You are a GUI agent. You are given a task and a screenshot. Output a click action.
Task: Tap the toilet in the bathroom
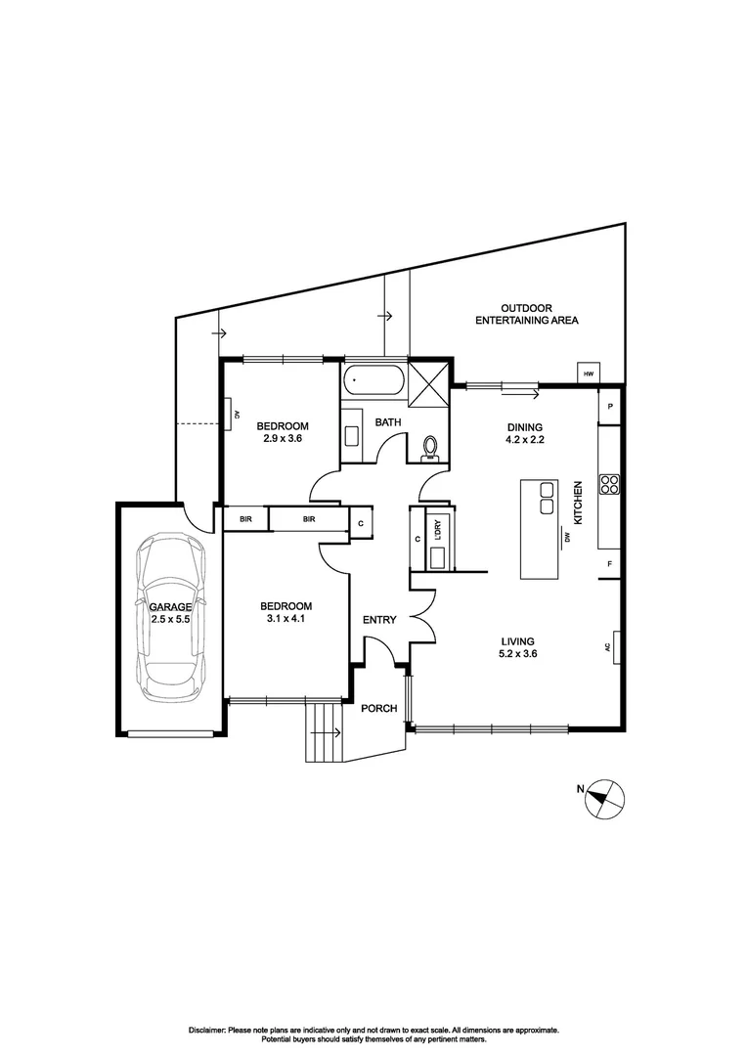point(429,448)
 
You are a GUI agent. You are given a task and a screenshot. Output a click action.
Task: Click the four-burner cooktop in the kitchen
point(608,486)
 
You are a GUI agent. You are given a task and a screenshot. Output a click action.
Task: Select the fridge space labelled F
point(609,565)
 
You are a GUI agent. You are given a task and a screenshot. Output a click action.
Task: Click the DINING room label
point(523,427)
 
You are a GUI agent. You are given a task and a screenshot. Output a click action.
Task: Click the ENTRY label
point(378,620)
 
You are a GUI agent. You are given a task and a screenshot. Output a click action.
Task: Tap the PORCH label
point(378,709)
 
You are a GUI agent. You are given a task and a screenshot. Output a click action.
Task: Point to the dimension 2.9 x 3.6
point(283,439)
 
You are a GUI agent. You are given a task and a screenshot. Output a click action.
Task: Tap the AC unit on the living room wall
point(616,646)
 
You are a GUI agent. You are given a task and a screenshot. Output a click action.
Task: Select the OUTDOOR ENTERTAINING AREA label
point(526,314)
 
